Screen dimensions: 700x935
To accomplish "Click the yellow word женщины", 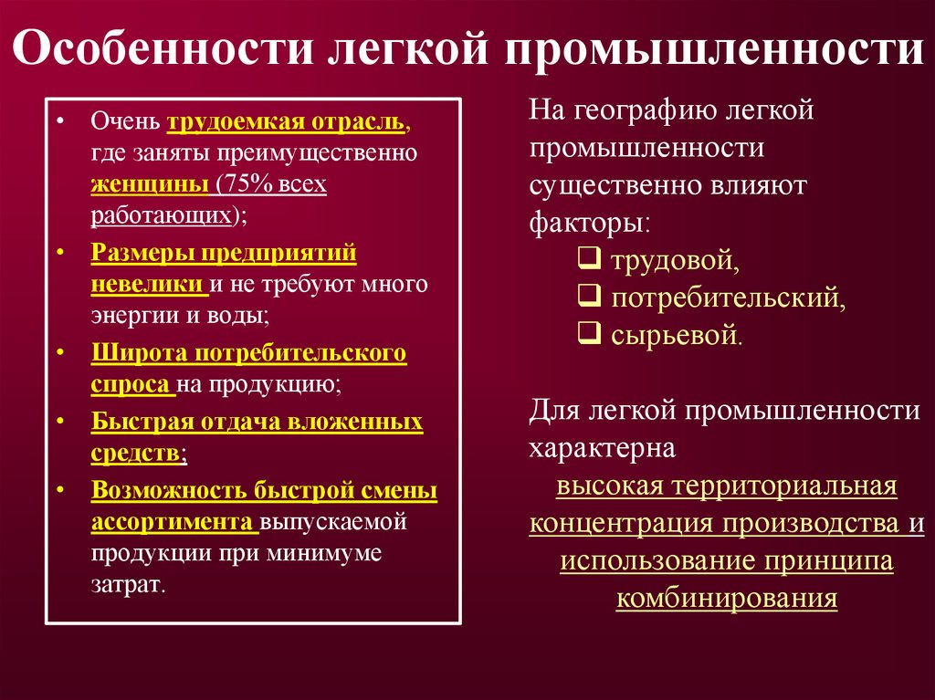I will tap(149, 184).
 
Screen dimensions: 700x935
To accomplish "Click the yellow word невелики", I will tap(146, 284).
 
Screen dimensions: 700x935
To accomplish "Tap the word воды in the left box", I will tap(244, 316).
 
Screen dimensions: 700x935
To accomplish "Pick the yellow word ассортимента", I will tap(173, 522).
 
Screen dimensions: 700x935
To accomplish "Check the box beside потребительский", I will tap(589, 298).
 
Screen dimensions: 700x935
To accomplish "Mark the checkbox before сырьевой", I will tap(589, 334).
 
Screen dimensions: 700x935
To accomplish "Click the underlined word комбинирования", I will tap(726, 599).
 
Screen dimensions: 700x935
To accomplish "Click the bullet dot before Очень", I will tap(59, 122).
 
